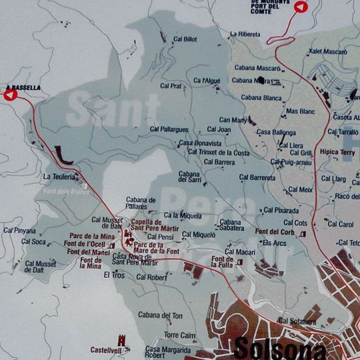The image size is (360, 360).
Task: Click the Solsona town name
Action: (x=280, y=349)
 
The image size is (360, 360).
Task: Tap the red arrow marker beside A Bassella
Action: (x=10, y=95)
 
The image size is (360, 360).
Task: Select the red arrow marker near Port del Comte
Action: (x=300, y=7)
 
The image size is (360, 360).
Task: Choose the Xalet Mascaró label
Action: (x=328, y=51)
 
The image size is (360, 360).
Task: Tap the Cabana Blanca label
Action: (x=261, y=97)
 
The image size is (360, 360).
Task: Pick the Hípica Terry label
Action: (x=338, y=152)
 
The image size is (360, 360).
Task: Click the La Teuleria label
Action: (x=58, y=177)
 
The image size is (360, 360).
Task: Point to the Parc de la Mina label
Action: (x=92, y=236)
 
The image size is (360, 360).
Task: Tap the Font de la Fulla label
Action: (x=222, y=262)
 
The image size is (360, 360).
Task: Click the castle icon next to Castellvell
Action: (x=121, y=339)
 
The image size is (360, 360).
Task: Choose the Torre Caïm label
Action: (x=179, y=335)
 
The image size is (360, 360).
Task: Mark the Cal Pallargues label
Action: (x=169, y=129)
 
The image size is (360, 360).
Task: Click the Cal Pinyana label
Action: (x=19, y=231)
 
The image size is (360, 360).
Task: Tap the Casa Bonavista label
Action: (x=199, y=143)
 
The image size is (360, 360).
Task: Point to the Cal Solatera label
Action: (x=297, y=321)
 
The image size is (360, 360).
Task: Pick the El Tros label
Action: (x=114, y=275)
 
